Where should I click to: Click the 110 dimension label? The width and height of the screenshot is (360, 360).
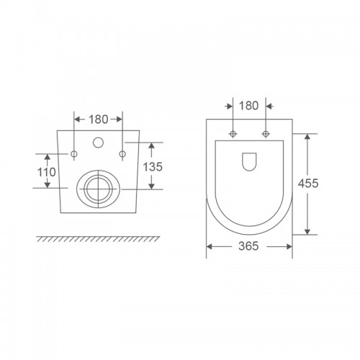[x=47, y=172]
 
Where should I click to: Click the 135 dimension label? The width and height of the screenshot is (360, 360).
[x=153, y=166]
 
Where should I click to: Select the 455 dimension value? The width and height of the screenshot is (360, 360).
[x=308, y=183]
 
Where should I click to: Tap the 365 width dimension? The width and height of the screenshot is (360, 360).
[x=248, y=246]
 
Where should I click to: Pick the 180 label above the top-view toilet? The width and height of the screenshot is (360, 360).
[x=249, y=106]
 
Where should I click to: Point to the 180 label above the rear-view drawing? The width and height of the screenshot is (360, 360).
[x=99, y=120]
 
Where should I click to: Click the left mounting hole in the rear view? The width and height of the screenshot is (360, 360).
[x=74, y=154]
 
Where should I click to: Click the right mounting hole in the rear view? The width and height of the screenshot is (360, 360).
[x=122, y=154]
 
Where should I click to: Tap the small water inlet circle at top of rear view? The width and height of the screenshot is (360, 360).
[x=98, y=143]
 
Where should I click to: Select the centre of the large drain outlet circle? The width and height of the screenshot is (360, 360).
[x=99, y=189]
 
